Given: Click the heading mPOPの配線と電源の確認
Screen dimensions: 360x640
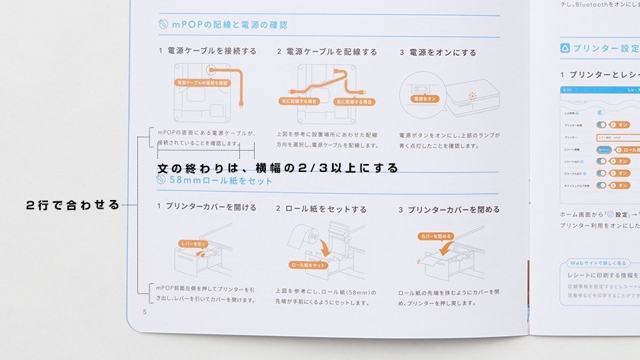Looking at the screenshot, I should [x=229, y=25].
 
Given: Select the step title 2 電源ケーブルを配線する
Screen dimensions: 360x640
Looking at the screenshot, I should [x=327, y=51].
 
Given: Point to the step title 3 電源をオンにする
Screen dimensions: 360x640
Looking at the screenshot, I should [x=438, y=52].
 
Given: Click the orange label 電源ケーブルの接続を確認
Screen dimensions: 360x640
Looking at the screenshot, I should [x=201, y=83].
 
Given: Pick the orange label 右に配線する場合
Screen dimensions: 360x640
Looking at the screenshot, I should [x=299, y=101].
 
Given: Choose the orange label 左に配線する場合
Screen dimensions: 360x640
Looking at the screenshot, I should [x=354, y=101].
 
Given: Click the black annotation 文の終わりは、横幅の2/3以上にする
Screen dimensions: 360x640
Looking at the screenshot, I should [x=278, y=167].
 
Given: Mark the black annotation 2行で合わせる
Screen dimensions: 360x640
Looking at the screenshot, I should [x=73, y=205].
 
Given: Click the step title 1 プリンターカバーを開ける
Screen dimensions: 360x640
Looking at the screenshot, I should [x=207, y=207].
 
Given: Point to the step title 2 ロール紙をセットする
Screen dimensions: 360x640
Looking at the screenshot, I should [x=321, y=209].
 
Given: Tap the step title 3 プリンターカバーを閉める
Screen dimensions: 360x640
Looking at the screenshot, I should [x=449, y=209].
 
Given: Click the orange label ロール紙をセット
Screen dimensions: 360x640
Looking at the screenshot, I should [x=308, y=265].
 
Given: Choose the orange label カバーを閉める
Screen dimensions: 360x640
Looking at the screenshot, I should [x=435, y=236].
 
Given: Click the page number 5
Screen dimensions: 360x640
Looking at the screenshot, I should [x=144, y=311].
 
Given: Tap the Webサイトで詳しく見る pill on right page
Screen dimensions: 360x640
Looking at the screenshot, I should [x=595, y=263].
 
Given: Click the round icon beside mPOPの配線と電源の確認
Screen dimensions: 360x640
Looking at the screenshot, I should [x=163, y=25].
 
